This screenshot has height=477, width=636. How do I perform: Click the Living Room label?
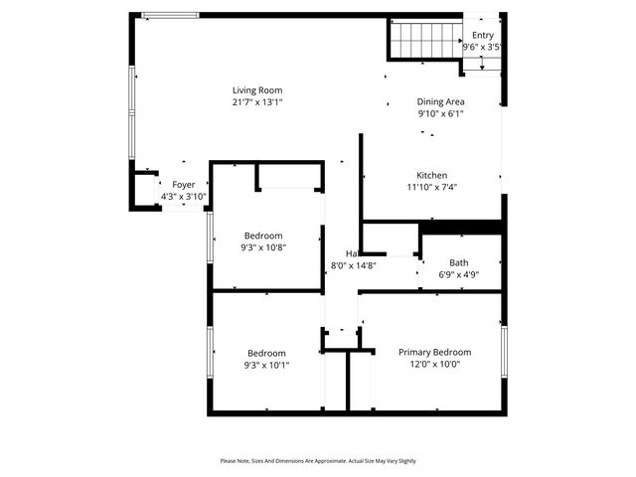coord(257,89)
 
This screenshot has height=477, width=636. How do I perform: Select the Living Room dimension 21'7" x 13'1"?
coord(257,101)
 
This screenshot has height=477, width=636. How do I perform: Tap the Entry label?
coord(482,35)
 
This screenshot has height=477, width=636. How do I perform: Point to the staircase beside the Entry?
coord(424,42)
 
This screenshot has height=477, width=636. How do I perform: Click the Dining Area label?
coord(440,101)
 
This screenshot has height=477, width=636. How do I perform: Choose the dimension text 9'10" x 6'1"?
coord(440,113)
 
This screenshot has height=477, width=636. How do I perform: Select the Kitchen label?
coord(431,175)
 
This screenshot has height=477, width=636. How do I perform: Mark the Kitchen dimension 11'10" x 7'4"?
coord(431,187)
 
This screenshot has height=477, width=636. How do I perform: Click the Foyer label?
coord(183,185)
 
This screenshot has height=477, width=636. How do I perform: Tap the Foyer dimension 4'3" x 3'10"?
coord(183,197)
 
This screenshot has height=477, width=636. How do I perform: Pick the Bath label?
coord(458,263)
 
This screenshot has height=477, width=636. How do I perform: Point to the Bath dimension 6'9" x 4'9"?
coord(458,275)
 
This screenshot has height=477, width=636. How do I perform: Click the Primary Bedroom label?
coord(434,352)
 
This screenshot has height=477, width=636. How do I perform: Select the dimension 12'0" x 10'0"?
coord(434,364)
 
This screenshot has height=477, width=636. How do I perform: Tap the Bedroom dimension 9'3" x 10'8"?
coord(263,247)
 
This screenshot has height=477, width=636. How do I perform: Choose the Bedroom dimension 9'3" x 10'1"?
coord(267,365)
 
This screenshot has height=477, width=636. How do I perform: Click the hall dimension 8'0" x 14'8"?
coord(353,265)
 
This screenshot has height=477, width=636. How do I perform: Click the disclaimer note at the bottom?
coord(318,461)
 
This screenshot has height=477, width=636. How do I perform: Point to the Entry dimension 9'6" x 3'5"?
coord(482,47)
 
